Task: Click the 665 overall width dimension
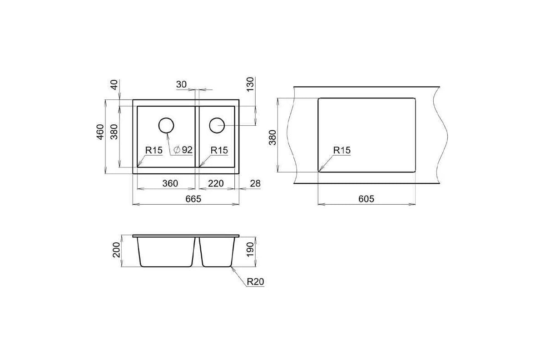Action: click(x=193, y=199)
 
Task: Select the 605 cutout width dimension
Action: click(x=366, y=199)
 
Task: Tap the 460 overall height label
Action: click(x=100, y=132)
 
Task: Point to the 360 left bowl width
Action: click(x=170, y=183)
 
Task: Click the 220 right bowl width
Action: click(x=216, y=183)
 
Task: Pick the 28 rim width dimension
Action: click(x=255, y=183)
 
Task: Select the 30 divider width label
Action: click(x=181, y=84)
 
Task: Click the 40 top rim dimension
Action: click(x=114, y=84)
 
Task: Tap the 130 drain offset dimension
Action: click(x=250, y=84)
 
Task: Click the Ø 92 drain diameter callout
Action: click(x=183, y=150)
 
